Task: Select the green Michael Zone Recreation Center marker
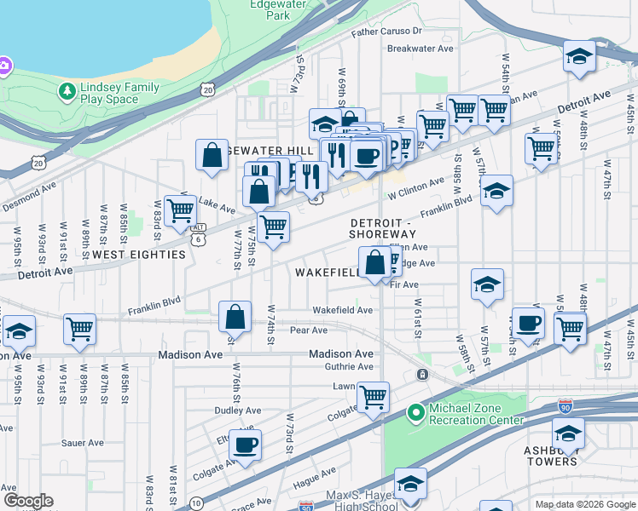[x=415, y=414]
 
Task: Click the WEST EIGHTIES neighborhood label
[x=139, y=255]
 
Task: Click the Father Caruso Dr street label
[x=386, y=32]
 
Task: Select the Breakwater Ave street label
[x=420, y=49]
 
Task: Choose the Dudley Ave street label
[x=237, y=410]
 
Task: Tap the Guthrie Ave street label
[x=349, y=367]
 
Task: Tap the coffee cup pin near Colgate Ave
[x=246, y=444]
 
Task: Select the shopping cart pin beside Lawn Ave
[x=374, y=395]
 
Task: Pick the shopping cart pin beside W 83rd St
[x=180, y=210]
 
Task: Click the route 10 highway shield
[x=196, y=502]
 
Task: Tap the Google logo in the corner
[x=28, y=502]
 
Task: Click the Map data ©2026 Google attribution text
[x=584, y=504]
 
